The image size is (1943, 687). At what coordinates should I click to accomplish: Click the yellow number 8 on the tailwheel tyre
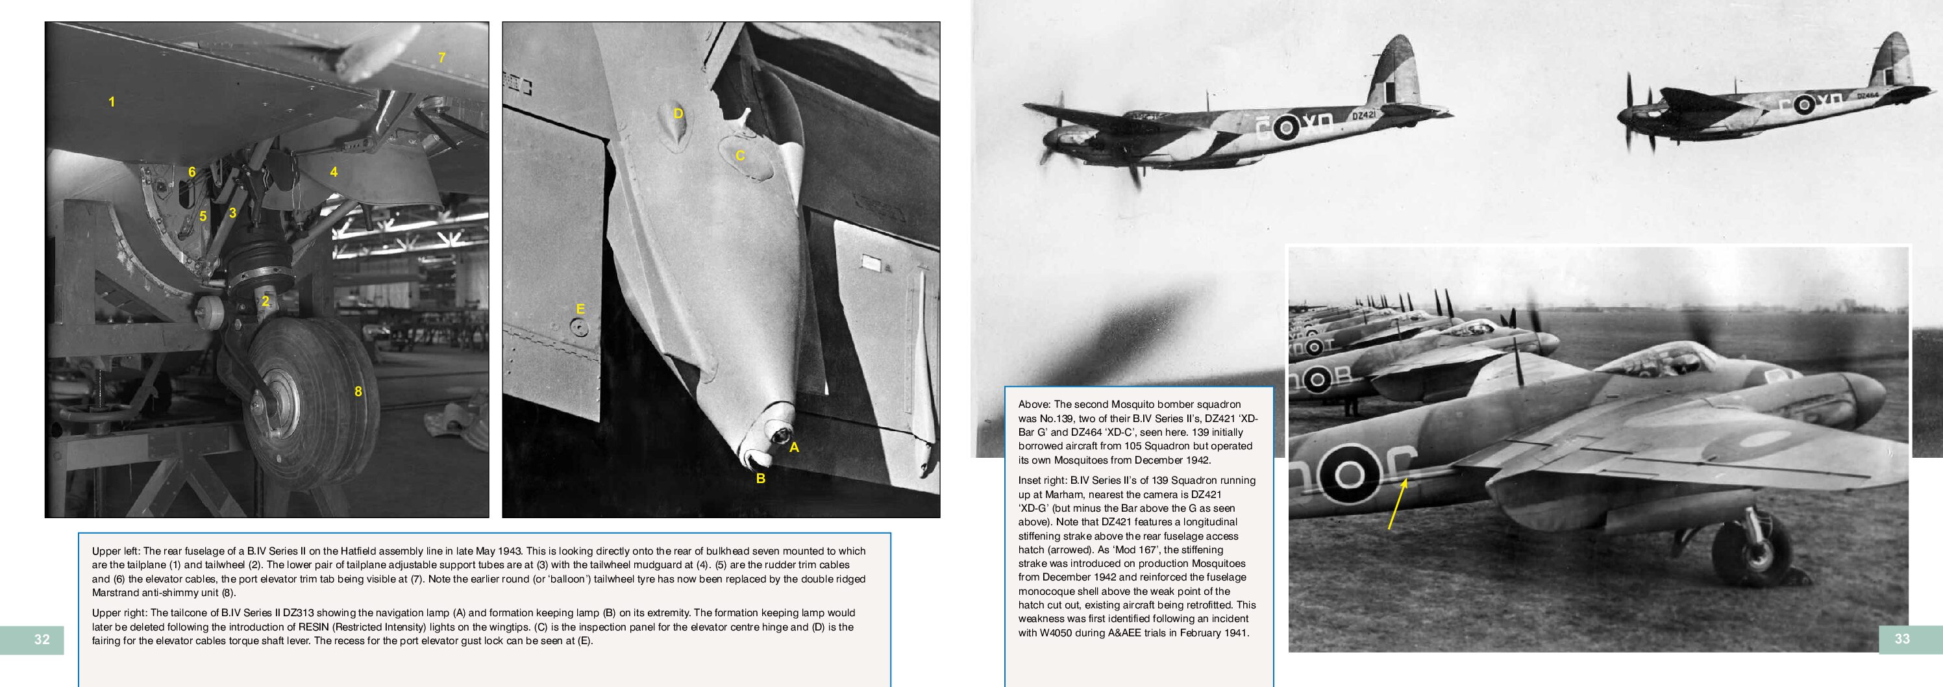click(358, 391)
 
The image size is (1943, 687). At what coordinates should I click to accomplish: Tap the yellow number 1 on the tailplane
click(112, 102)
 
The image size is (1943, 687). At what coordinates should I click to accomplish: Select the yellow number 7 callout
click(442, 57)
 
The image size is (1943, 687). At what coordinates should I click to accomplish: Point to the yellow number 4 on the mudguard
click(334, 172)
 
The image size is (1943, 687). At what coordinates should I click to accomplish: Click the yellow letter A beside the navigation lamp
click(793, 447)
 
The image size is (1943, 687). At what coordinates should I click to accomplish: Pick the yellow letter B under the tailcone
click(760, 478)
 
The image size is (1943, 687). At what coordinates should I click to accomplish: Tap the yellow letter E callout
click(580, 308)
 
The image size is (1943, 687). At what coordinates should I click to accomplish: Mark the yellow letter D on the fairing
click(678, 114)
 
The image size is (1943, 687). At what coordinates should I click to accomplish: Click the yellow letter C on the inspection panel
click(740, 155)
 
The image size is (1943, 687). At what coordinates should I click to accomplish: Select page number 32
click(42, 640)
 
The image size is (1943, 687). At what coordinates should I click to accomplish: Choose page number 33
click(1902, 639)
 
